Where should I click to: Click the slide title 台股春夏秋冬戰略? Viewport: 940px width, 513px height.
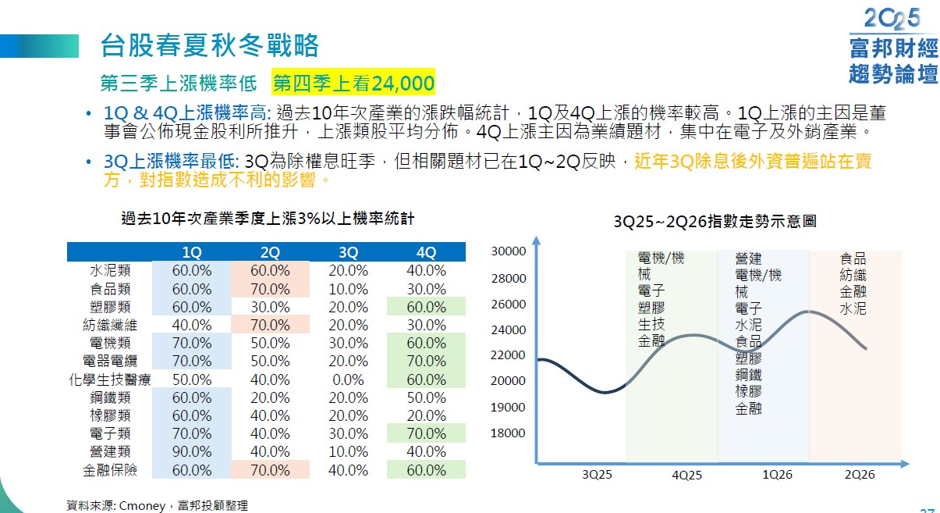tap(210, 46)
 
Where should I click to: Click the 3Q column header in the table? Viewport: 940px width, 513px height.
tap(348, 252)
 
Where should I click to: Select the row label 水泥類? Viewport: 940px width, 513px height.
tap(110, 271)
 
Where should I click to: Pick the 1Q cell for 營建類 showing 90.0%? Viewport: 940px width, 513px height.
tap(191, 451)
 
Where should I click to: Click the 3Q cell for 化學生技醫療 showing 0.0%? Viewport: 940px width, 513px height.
tap(348, 379)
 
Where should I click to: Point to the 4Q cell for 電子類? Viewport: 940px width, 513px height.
tap(426, 433)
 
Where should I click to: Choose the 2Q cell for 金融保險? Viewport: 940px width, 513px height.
tap(270, 470)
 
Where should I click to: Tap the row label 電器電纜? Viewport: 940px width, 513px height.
tap(110, 362)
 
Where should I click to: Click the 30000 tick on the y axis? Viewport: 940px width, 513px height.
tap(508, 251)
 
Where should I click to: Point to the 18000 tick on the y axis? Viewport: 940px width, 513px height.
tap(508, 433)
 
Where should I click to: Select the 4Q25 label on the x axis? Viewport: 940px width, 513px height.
tap(686, 475)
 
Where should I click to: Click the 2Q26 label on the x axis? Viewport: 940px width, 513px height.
tap(860, 475)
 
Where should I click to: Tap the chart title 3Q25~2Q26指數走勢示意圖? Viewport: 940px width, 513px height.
tap(715, 222)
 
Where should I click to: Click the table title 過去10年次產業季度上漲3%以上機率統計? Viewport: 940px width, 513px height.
tap(268, 219)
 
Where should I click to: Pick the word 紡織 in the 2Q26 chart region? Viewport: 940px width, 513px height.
tap(853, 276)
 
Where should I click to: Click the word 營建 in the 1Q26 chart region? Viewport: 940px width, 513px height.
tap(748, 258)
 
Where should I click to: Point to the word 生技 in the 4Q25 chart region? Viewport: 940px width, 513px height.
tap(651, 325)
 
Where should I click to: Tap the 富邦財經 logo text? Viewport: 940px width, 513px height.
tap(893, 50)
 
